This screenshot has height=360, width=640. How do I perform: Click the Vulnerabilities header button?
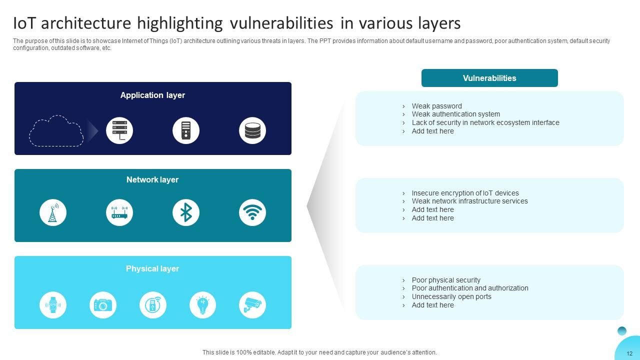point(489,78)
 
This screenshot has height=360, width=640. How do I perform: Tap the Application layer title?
point(152,95)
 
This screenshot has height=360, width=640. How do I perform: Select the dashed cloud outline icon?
point(56,131)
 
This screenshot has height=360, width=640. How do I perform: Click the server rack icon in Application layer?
point(119,130)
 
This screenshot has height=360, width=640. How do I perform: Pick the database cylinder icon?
point(252,130)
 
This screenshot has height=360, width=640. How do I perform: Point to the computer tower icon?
point(186,130)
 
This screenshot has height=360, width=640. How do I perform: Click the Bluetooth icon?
point(186,212)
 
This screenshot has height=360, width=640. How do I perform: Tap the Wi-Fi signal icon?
point(252,212)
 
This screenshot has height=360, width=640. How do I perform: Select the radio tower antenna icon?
point(53,212)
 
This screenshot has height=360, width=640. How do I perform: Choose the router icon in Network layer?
point(119,212)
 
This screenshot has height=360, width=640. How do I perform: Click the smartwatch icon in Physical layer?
point(53,304)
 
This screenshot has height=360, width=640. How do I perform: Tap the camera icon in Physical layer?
point(103,304)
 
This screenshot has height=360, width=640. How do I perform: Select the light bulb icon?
point(202,304)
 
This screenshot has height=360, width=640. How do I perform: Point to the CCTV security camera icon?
point(252,304)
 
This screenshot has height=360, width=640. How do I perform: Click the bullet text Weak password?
point(436,106)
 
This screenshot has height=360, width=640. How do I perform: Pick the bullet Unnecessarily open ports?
point(451,296)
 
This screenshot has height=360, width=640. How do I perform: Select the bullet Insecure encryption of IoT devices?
point(465,193)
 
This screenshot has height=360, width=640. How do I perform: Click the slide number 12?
point(629,353)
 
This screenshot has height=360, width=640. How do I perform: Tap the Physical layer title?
point(152,268)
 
